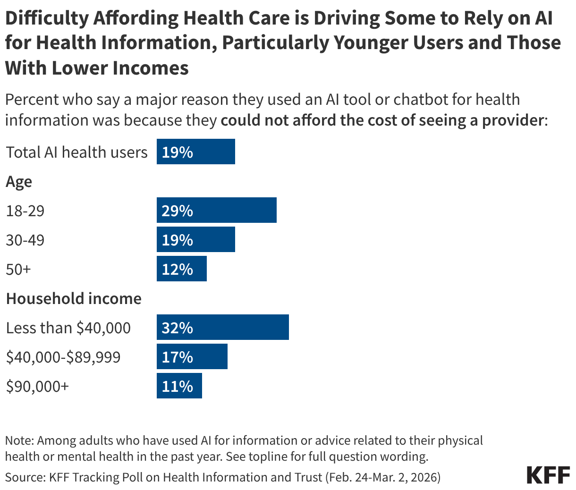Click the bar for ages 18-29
(x=216, y=211)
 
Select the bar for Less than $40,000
(x=222, y=328)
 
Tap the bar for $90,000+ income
(x=179, y=386)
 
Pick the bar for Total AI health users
(x=195, y=152)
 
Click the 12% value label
(x=177, y=270)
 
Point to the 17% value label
(x=177, y=357)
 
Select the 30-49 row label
(x=25, y=240)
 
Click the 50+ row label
(x=18, y=270)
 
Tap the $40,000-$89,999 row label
(x=63, y=357)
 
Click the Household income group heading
(x=74, y=299)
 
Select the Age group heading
(x=19, y=182)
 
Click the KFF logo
(x=548, y=475)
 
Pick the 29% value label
(x=177, y=211)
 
